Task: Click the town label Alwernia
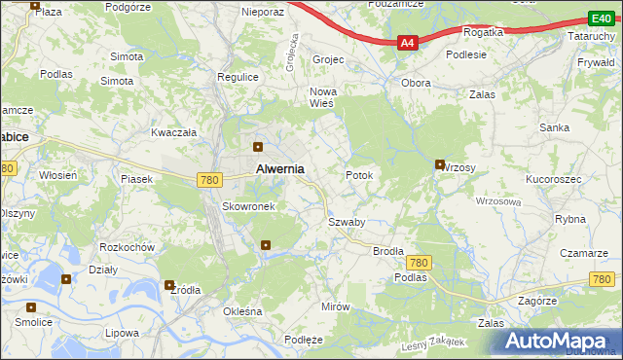coord(279,168)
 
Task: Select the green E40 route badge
coord(600,18)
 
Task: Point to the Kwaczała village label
coord(174,131)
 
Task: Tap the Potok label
coord(359,175)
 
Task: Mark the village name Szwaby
coord(347,222)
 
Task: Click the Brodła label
coord(388,250)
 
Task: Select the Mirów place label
coord(335,306)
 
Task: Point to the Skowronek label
coord(251,206)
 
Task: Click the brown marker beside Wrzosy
coord(440,164)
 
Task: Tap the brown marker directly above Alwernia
coord(258,148)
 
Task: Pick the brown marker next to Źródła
coord(170,285)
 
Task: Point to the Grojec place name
coord(328,59)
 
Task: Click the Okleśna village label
coord(243,311)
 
